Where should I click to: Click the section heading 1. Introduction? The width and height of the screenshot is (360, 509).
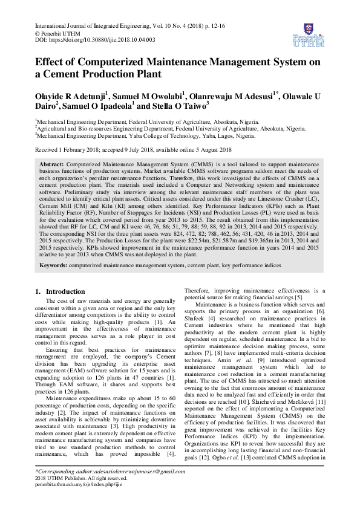(61, 291)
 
